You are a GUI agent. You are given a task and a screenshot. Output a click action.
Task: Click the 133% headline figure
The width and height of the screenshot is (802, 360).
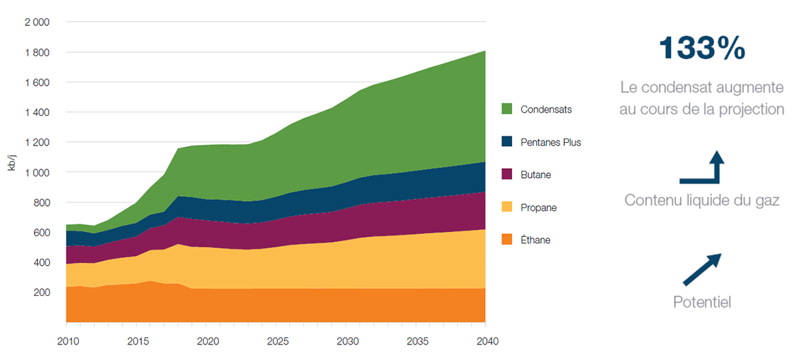[x=701, y=49]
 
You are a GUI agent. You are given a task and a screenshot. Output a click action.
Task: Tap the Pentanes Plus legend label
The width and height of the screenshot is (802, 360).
[x=551, y=142]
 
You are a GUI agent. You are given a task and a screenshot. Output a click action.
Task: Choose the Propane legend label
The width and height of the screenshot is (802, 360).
[x=539, y=207]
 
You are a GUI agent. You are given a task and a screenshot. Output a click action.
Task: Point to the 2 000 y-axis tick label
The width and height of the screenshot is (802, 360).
[x=37, y=22]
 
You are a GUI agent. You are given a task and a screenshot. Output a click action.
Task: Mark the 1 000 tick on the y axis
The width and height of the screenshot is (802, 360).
[x=37, y=172]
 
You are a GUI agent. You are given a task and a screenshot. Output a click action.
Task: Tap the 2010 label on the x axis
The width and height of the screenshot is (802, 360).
[x=66, y=342]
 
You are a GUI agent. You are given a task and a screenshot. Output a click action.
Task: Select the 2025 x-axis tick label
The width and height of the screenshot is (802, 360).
[x=276, y=342]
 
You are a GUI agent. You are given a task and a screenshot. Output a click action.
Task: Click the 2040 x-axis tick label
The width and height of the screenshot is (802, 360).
[x=487, y=342]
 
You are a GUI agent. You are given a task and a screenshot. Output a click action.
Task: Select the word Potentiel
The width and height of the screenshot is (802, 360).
[x=701, y=303]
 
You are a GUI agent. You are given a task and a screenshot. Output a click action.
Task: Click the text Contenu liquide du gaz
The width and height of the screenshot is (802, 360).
[x=701, y=200]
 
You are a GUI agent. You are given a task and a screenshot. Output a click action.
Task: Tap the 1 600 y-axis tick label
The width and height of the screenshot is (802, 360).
[x=37, y=82]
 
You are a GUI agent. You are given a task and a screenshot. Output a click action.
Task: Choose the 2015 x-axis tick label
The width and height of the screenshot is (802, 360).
[x=136, y=342]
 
